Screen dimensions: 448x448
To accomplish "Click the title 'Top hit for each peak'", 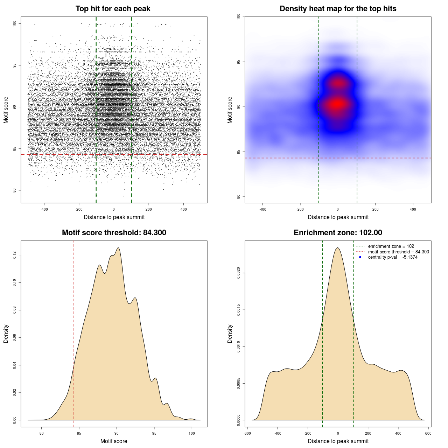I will pyautogui.click(x=113, y=9).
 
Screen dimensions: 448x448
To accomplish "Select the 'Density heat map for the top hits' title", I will pyautogui.click(x=338, y=9).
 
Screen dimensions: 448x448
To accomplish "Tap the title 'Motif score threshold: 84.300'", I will pyautogui.click(x=114, y=233).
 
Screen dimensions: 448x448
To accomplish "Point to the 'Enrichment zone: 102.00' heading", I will pyautogui.click(x=338, y=233).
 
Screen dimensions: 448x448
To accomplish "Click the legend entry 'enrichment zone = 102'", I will pyautogui.click(x=391, y=246).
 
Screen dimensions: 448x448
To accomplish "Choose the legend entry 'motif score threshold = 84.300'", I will pyautogui.click(x=398, y=252).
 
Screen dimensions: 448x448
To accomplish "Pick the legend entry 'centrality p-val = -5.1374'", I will pyautogui.click(x=393, y=257).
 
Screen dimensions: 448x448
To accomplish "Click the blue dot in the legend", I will pyautogui.click(x=360, y=257).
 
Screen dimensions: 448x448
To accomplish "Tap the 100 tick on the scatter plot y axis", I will pyautogui.click(x=15, y=23).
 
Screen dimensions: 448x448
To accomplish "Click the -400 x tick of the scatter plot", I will pyautogui.click(x=44, y=209).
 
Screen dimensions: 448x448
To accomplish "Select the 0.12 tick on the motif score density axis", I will pyautogui.click(x=15, y=255).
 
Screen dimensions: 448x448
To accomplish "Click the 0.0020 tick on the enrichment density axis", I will pyautogui.click(x=239, y=273).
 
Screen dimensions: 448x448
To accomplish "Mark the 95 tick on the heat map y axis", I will pyautogui.click(x=239, y=62).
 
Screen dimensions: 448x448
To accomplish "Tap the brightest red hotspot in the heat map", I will pyautogui.click(x=337, y=104).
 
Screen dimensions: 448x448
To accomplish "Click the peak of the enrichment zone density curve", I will pyautogui.click(x=337, y=248).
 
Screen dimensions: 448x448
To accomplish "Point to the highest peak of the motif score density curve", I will pyautogui.click(x=118, y=248).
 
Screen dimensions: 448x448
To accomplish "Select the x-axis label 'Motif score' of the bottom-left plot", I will pyautogui.click(x=114, y=441).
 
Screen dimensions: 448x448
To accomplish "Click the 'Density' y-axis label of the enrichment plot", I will pyautogui.click(x=230, y=334).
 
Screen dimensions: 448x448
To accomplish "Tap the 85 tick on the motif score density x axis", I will pyautogui.click(x=79, y=433).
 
